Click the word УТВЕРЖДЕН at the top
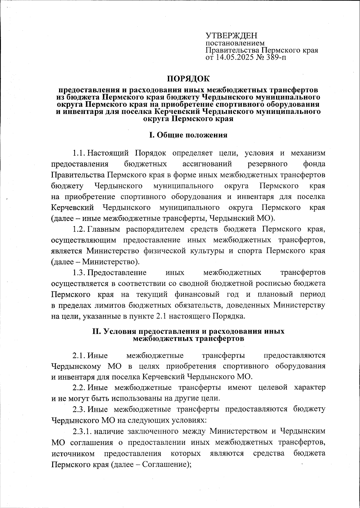point(231,36)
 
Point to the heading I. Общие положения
point(188,135)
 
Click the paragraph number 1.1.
point(79,153)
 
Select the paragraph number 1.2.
point(79,229)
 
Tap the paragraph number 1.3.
point(79,273)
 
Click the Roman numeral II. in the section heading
point(97,332)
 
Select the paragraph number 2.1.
point(79,355)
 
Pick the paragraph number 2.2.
point(79,388)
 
